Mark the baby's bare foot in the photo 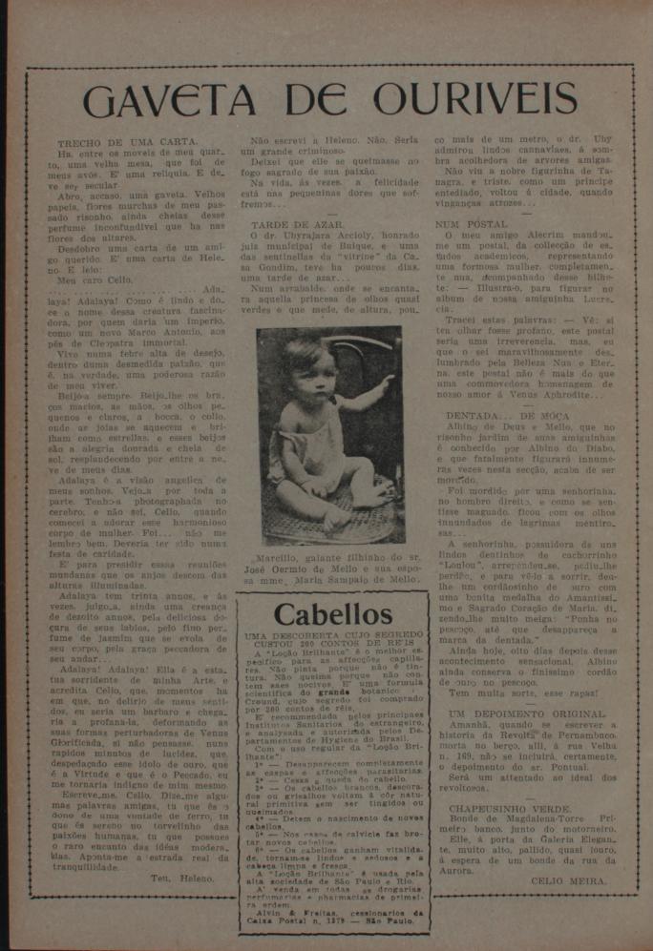pos(333,520)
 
